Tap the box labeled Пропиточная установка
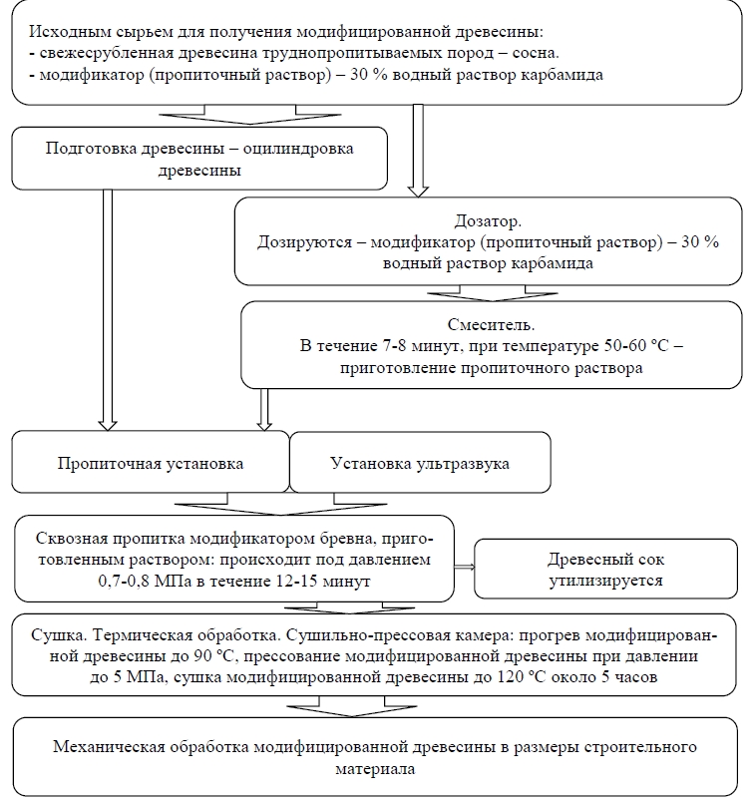pos(150,464)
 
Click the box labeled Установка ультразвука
pos(420,464)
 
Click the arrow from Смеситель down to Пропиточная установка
pos(264,409)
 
